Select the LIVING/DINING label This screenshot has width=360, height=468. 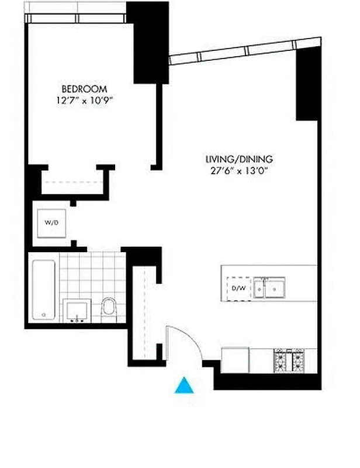(239, 159)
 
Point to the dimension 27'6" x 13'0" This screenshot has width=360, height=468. (239, 171)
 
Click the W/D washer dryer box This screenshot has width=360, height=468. (51, 223)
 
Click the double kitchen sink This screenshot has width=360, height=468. (269, 288)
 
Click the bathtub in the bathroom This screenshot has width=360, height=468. (43, 290)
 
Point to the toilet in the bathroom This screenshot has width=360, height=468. (109, 308)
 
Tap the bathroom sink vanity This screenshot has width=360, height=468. (77, 311)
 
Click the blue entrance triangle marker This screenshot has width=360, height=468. (184, 386)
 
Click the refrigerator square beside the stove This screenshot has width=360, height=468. (236, 360)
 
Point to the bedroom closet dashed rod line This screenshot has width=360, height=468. (72, 181)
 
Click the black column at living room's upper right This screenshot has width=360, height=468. (307, 88)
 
